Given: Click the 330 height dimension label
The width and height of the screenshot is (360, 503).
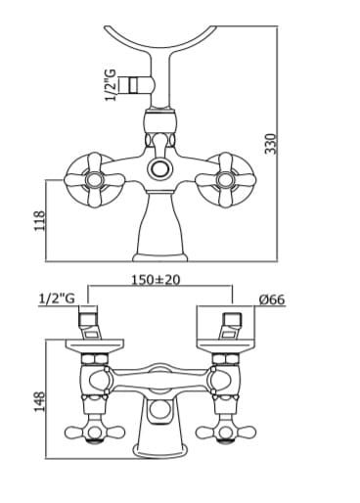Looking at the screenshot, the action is point(271,144).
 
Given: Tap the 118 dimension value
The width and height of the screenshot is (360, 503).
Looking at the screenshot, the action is point(40,221).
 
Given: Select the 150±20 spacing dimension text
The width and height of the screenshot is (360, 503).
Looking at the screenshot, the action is point(156,280).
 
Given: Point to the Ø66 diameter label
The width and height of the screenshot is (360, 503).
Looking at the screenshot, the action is point(272,299).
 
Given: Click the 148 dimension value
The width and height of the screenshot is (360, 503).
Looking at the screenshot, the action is point(40,402).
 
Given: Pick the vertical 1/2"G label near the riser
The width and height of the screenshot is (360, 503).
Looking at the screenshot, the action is point(111,85).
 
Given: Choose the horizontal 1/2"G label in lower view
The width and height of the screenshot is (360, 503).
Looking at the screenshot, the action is point(57,298).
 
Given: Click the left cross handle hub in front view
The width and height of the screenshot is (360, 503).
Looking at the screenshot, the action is point(94,180).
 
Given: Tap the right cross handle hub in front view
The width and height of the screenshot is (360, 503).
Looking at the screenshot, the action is point(225,180).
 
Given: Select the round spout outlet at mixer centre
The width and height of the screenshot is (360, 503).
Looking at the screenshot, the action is point(159,169).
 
